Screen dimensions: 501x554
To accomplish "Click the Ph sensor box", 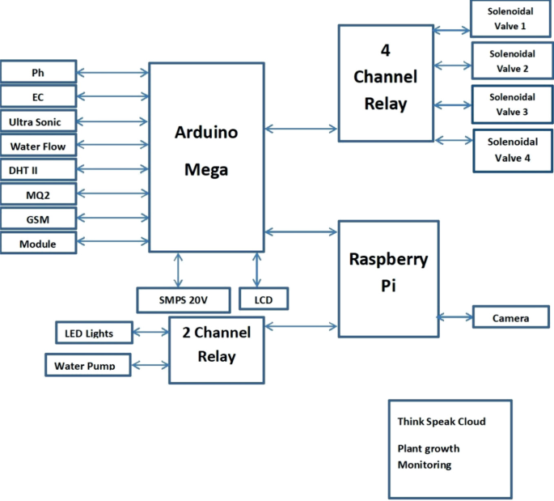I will pyautogui.click(x=38, y=72).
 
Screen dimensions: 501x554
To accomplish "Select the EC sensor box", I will pyautogui.click(x=38, y=97).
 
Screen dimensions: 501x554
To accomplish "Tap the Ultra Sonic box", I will pyautogui.click(x=38, y=121).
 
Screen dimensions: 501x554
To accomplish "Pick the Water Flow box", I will pyautogui.click(x=38, y=146).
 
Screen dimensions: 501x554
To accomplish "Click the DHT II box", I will pyautogui.click(x=38, y=170).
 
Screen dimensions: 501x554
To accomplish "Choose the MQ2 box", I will pyautogui.click(x=38, y=194).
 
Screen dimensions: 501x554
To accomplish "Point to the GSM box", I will pyautogui.click(x=38, y=219).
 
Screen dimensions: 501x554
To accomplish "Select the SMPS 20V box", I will pyautogui.click(x=183, y=299).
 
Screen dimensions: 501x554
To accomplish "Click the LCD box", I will pyautogui.click(x=264, y=299).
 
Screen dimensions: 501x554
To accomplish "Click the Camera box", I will pyautogui.click(x=510, y=317).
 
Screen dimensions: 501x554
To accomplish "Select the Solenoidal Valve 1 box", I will pyautogui.click(x=510, y=19).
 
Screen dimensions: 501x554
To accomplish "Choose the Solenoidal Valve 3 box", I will pyautogui.click(x=510, y=104).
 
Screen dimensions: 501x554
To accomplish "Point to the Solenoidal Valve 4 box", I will pyautogui.click(x=510, y=150).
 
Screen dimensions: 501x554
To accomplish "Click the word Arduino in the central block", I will pyautogui.click(x=206, y=134).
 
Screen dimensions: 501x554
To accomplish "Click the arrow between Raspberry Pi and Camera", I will pyautogui.click(x=455, y=316).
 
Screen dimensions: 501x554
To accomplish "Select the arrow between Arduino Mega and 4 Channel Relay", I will pyautogui.click(x=302, y=128).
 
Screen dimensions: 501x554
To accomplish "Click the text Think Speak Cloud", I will pyautogui.click(x=442, y=422).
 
